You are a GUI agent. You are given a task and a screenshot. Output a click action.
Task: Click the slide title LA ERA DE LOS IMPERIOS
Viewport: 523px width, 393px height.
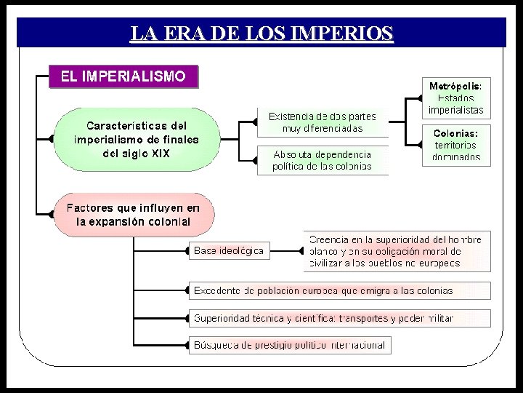(261, 33)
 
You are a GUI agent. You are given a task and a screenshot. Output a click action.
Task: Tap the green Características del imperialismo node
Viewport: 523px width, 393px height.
(136, 138)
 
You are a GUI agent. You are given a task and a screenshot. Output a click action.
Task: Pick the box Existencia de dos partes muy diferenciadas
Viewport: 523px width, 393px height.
(322, 122)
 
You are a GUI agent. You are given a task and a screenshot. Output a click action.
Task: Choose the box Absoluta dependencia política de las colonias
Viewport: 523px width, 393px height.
(322, 160)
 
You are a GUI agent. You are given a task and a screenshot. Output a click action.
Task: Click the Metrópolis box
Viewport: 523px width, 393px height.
(456, 98)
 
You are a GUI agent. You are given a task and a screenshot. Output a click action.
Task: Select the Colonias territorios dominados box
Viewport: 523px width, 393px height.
(456, 145)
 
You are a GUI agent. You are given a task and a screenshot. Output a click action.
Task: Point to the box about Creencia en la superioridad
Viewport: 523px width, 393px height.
(395, 250)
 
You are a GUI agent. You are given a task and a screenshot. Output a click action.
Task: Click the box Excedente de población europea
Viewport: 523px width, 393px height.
(338, 290)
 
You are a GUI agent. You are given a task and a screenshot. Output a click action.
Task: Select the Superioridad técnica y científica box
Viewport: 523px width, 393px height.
(338, 318)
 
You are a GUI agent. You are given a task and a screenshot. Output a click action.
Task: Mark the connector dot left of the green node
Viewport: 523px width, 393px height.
(51, 138)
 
